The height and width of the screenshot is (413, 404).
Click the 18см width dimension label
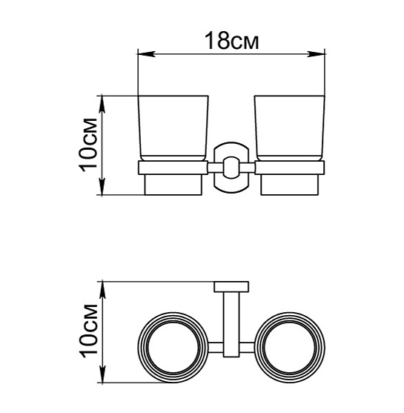coord(232,41)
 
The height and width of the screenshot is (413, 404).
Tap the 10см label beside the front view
coord(88,145)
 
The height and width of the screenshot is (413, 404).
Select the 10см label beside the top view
coord(88,331)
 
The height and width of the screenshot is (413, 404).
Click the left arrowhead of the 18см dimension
coord(146,53)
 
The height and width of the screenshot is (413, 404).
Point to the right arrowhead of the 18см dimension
coord(316,53)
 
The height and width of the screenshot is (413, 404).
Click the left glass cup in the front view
coord(173,128)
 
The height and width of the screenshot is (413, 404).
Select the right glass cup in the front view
coord(289,128)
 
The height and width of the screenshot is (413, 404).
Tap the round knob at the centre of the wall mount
coord(231,168)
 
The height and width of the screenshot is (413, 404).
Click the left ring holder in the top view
coord(138,347)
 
